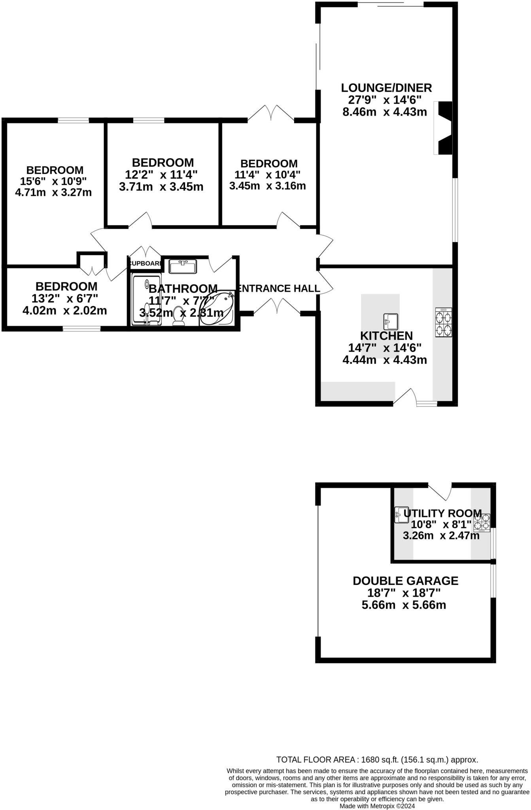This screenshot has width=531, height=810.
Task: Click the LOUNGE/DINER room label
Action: (x=386, y=87)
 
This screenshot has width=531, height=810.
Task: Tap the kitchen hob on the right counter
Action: (x=443, y=322)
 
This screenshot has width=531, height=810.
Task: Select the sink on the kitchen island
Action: (x=391, y=321)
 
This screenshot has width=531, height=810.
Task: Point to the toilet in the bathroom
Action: (x=179, y=317)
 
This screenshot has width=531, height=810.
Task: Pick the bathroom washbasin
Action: (x=183, y=266)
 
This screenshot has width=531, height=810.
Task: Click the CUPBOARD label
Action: (x=145, y=263)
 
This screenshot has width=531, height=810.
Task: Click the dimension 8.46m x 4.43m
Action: (x=384, y=112)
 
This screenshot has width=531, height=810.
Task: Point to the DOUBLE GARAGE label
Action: (x=405, y=581)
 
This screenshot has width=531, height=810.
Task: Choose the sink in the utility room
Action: (x=401, y=515)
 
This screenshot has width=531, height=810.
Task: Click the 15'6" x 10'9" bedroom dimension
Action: (x=53, y=181)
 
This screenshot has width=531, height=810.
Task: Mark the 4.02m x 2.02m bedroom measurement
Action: (x=65, y=310)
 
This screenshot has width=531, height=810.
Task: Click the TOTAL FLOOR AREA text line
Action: (x=377, y=759)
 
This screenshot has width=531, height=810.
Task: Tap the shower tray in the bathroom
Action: (x=146, y=300)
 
